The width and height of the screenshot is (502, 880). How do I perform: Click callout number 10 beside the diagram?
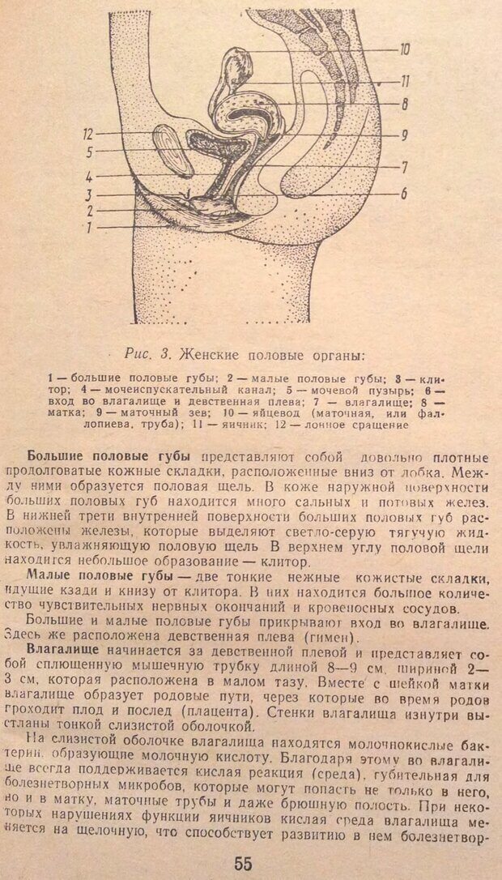pyautogui.click(x=404, y=49)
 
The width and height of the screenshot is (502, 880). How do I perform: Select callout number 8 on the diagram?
pyautogui.click(x=403, y=104)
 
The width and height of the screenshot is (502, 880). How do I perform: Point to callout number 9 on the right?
pyautogui.click(x=403, y=135)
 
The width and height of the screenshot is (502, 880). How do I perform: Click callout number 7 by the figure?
pyautogui.click(x=402, y=167)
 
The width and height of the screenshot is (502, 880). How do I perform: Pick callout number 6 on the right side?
pyautogui.click(x=402, y=194)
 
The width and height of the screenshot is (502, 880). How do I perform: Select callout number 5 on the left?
pyautogui.click(x=91, y=151)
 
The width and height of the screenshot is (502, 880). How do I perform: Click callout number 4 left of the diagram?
pyautogui.click(x=91, y=176)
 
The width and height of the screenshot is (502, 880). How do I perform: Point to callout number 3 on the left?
pyautogui.click(x=91, y=194)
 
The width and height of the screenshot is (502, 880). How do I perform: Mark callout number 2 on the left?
pyautogui.click(x=91, y=211)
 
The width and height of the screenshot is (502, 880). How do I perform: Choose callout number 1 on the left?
pyautogui.click(x=91, y=228)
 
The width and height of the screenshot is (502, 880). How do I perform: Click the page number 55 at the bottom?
pyautogui.click(x=244, y=863)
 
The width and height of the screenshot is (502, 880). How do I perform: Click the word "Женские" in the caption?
pyautogui.click(x=210, y=353)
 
